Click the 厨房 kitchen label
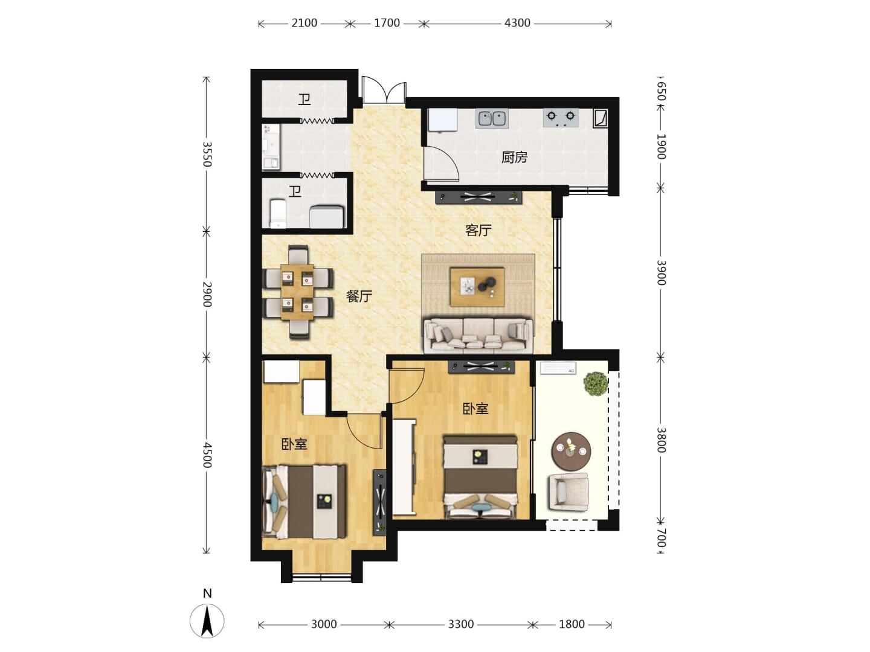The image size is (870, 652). (514, 158)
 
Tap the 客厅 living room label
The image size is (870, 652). (478, 230)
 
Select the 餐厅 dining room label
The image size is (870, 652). (359, 296)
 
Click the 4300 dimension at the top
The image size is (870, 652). (517, 23)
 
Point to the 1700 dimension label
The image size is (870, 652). (387, 23)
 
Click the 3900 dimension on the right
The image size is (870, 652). (661, 273)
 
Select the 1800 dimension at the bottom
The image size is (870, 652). (572, 625)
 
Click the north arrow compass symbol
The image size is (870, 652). (207, 621)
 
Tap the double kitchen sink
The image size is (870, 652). (491, 118)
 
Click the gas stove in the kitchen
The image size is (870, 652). (561, 118)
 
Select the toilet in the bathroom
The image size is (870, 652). (278, 214)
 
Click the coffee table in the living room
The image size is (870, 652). (477, 287)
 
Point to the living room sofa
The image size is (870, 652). (478, 335)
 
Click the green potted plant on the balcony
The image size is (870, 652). (595, 383)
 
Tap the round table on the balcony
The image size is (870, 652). (571, 452)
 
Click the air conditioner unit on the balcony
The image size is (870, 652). (558, 368)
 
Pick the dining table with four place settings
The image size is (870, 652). (297, 292)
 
